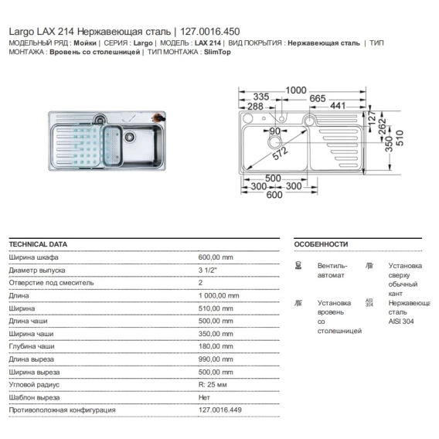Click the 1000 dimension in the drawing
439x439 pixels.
tap(296, 90)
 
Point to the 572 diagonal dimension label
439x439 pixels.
tap(281, 153)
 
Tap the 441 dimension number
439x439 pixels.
tap(338, 106)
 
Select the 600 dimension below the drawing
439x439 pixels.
tap(274, 195)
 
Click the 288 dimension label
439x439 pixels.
tap(255, 107)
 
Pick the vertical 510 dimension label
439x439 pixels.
tap(400, 138)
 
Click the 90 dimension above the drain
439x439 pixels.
tap(275, 131)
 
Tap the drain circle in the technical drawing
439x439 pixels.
tap(275, 142)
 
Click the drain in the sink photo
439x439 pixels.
tap(129, 137)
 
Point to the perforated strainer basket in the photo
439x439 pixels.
tap(112, 145)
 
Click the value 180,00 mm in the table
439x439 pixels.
tap(216, 346)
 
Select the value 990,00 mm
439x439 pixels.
tap(216, 359)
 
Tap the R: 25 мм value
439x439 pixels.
tap(213, 385)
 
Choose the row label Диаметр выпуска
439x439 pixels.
tap(37, 271)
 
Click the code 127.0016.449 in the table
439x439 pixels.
tap(220, 410)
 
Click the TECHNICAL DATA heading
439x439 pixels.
tap(38, 244)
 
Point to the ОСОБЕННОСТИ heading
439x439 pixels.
tap(321, 244)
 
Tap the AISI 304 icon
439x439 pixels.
tap(369, 303)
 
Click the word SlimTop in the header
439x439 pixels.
tap(217, 52)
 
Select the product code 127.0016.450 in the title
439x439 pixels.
tap(210, 32)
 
